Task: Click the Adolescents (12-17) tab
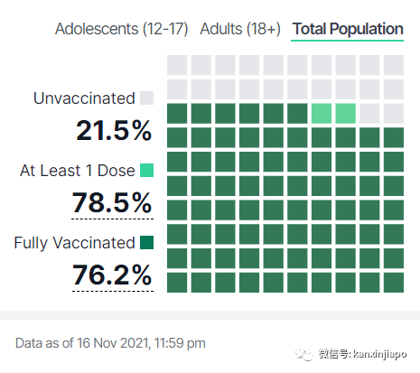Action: click(121, 29)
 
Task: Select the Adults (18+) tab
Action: click(240, 29)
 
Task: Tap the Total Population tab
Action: click(348, 29)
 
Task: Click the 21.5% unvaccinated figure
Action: click(114, 130)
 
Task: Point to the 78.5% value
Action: click(112, 202)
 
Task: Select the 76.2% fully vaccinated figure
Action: click(112, 275)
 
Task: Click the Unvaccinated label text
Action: click(84, 98)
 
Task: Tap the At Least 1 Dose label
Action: click(78, 171)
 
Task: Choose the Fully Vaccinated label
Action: click(75, 243)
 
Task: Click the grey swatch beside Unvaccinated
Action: click(147, 98)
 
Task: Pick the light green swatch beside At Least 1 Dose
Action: click(147, 171)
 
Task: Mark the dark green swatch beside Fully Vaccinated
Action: click(147, 243)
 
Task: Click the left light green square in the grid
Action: click(322, 114)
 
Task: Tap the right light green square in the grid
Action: click(346, 114)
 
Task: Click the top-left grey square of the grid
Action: click(177, 65)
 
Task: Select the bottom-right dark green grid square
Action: click(394, 283)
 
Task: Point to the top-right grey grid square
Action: click(394, 65)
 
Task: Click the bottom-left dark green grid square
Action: click(177, 283)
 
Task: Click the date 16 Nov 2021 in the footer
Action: click(113, 343)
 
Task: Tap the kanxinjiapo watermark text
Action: click(380, 354)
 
